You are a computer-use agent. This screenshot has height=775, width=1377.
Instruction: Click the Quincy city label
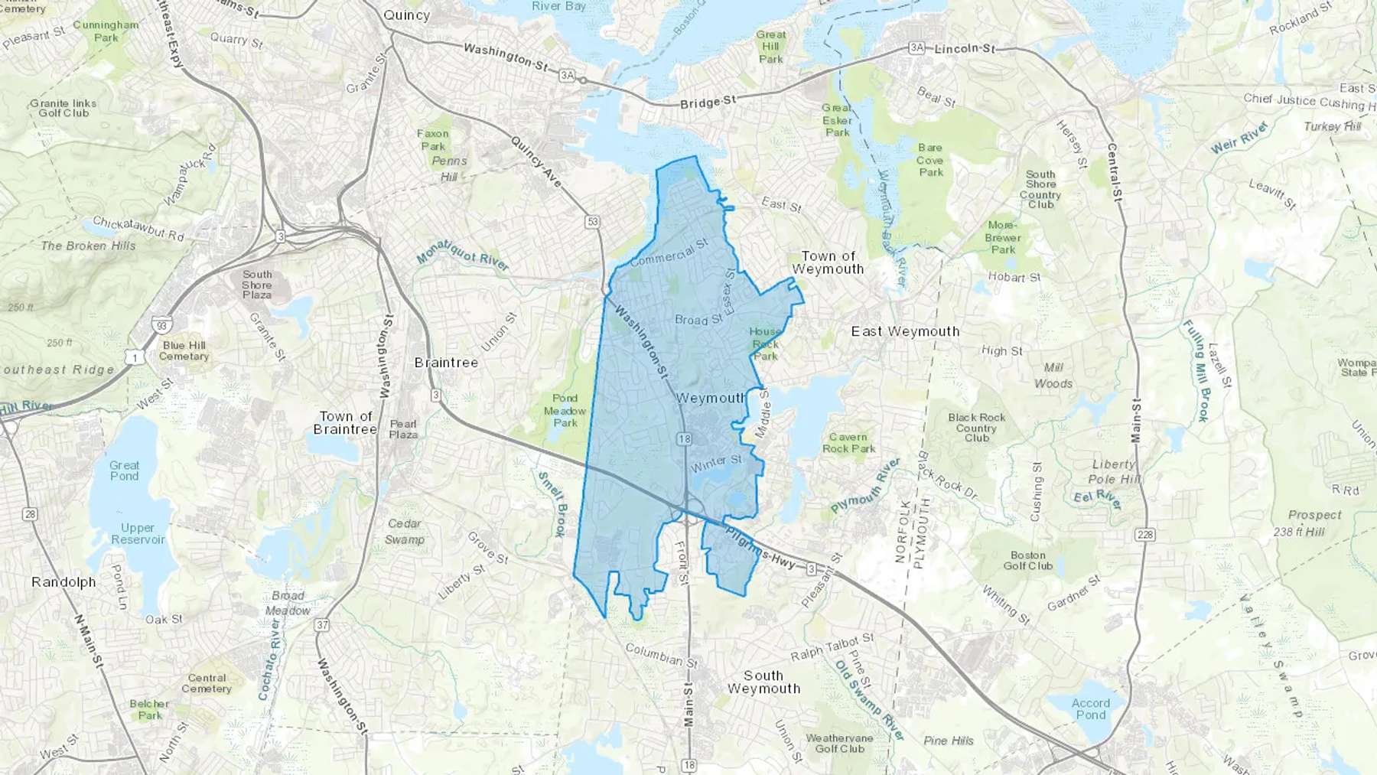(x=406, y=15)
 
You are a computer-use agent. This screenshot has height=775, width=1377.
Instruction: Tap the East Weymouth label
(x=905, y=331)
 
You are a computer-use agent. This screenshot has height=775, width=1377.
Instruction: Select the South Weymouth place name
(x=763, y=682)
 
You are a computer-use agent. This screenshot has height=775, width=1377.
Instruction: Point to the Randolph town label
(x=63, y=582)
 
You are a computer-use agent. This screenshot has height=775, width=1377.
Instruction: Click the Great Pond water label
(x=124, y=471)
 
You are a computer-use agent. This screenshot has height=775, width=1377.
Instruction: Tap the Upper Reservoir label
(x=138, y=533)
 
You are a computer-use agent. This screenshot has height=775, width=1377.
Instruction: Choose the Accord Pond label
(x=1090, y=708)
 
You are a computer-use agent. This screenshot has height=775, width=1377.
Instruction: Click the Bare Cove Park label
(x=930, y=160)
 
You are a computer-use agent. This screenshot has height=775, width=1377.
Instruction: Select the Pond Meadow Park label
(x=565, y=411)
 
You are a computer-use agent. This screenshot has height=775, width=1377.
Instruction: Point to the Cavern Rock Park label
(x=848, y=443)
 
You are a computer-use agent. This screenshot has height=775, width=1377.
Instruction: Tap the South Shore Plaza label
(x=257, y=285)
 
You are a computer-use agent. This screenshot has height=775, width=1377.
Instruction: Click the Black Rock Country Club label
(x=977, y=428)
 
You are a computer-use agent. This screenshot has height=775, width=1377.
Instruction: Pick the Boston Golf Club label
(x=1027, y=561)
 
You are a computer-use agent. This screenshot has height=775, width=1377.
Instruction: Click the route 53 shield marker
(x=593, y=222)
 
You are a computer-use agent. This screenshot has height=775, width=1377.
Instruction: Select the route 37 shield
(x=322, y=625)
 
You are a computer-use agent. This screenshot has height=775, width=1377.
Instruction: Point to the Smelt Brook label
(x=552, y=504)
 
